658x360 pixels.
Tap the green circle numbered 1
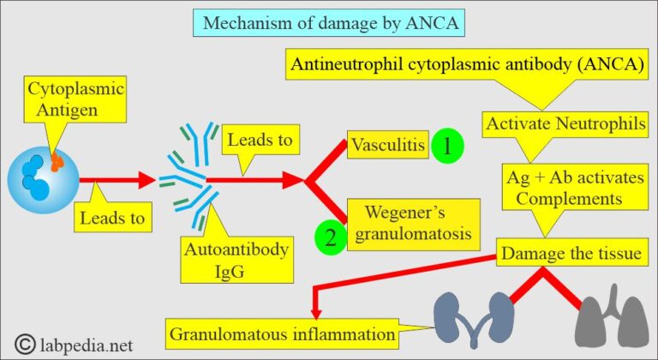click(x=446, y=146)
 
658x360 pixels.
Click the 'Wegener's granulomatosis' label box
click(x=409, y=220)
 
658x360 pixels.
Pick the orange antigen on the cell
click(x=57, y=160)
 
